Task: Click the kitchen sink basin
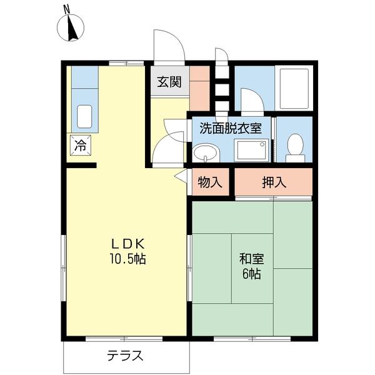tap(84, 117)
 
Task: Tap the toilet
tap(294, 144)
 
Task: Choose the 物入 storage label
tap(209, 182)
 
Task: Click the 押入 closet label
tap(274, 182)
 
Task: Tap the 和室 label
tap(250, 258)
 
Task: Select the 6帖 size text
tap(250, 274)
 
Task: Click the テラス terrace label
tap(125, 356)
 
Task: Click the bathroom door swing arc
tap(252, 100)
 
